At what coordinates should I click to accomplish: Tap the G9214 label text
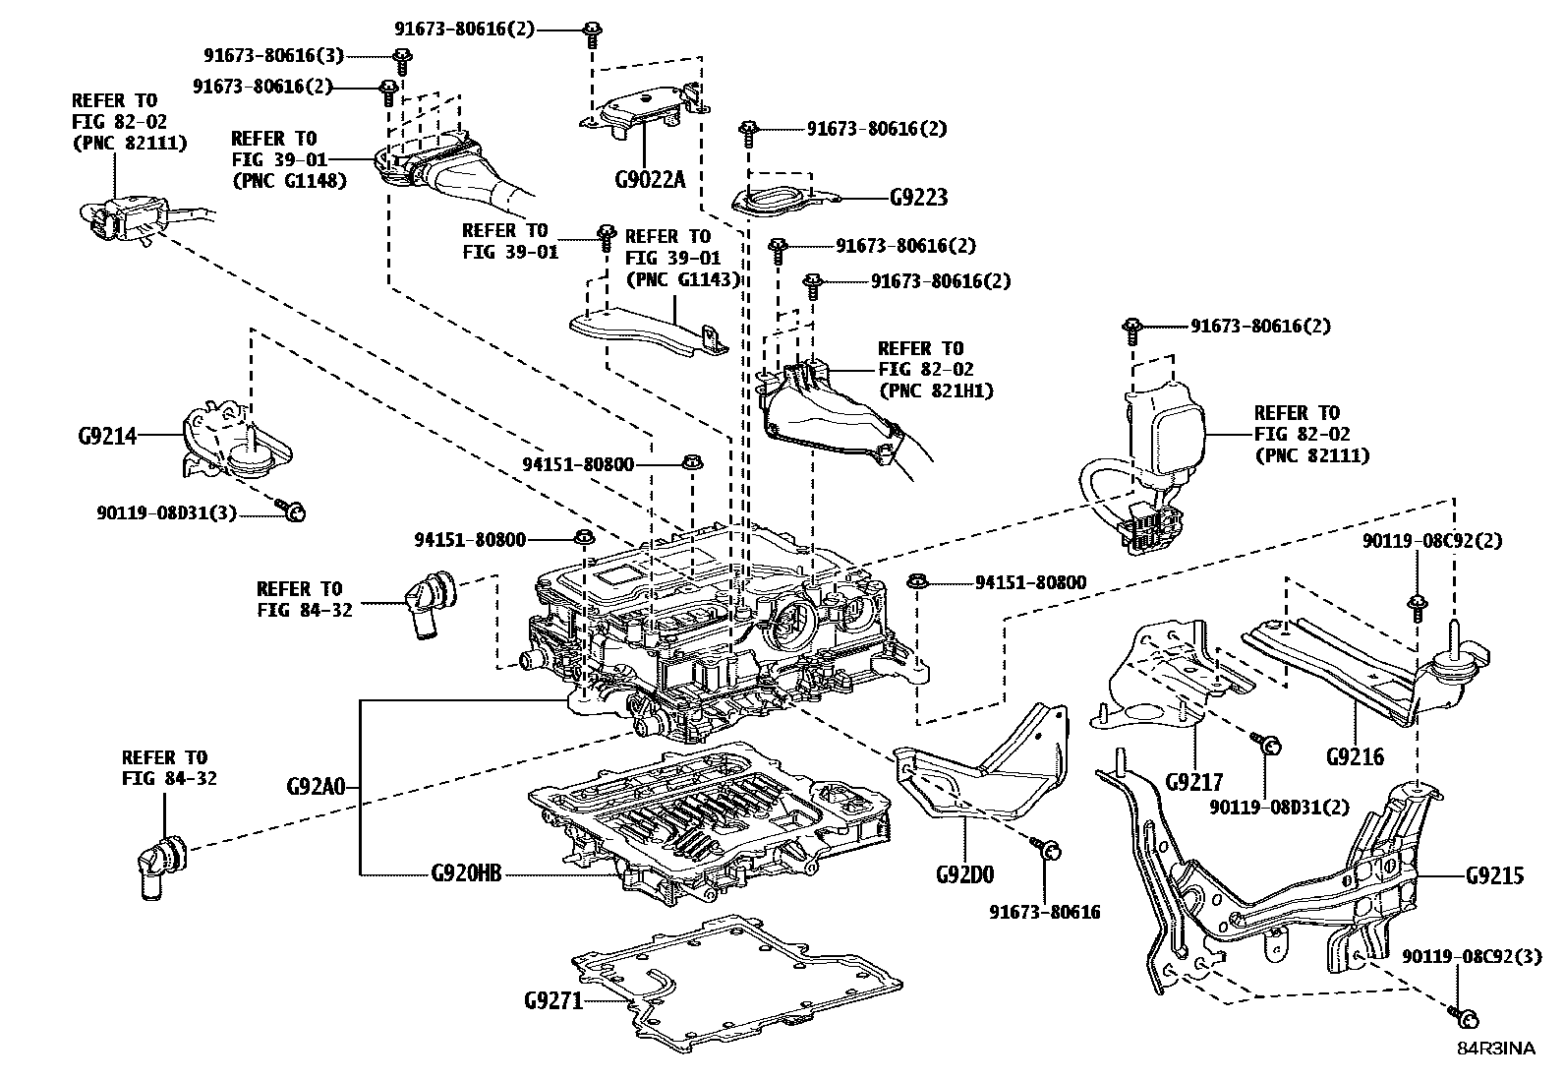tap(108, 435)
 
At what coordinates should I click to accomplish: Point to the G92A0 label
tap(317, 787)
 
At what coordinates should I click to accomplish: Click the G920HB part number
tap(466, 873)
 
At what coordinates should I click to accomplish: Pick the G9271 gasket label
tap(554, 1001)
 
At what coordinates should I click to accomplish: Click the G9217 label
tap(1193, 782)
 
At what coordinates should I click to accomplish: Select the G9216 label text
tap(1354, 756)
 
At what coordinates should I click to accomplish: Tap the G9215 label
tap(1494, 874)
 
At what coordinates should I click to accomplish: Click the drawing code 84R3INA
tap(1494, 1049)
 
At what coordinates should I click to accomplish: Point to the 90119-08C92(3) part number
tap(1472, 956)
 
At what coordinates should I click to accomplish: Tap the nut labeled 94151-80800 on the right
tap(916, 580)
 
